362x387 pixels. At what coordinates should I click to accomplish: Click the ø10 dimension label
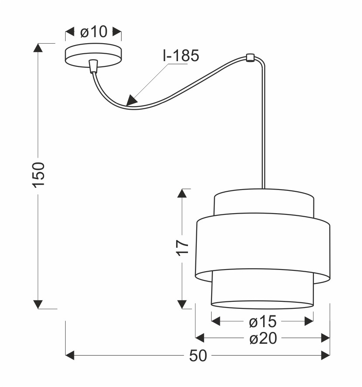[x=94, y=32]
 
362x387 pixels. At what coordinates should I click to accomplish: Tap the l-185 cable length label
[x=181, y=55]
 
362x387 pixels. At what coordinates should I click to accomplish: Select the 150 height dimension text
[x=38, y=175]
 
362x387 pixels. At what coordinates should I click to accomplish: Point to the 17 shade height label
[x=183, y=248]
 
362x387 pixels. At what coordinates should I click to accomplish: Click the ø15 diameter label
[x=263, y=321]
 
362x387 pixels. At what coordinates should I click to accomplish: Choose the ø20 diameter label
[x=263, y=338]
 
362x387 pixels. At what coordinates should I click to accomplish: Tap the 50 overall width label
[x=198, y=356]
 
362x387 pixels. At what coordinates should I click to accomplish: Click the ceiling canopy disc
[x=94, y=55]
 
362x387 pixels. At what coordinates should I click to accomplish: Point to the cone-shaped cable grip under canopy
[x=94, y=66]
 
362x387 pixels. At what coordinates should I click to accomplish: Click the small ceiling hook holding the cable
[x=250, y=58]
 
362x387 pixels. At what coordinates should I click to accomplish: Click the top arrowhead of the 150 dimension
[x=38, y=48]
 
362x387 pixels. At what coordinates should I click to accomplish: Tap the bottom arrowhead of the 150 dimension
[x=38, y=304]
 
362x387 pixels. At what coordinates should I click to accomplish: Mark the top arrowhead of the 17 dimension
[x=182, y=193]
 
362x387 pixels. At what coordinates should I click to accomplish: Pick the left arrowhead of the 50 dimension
[x=70, y=356]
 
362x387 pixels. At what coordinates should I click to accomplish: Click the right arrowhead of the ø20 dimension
[x=325, y=338]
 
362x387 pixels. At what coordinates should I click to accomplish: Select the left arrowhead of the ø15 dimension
[x=216, y=321]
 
